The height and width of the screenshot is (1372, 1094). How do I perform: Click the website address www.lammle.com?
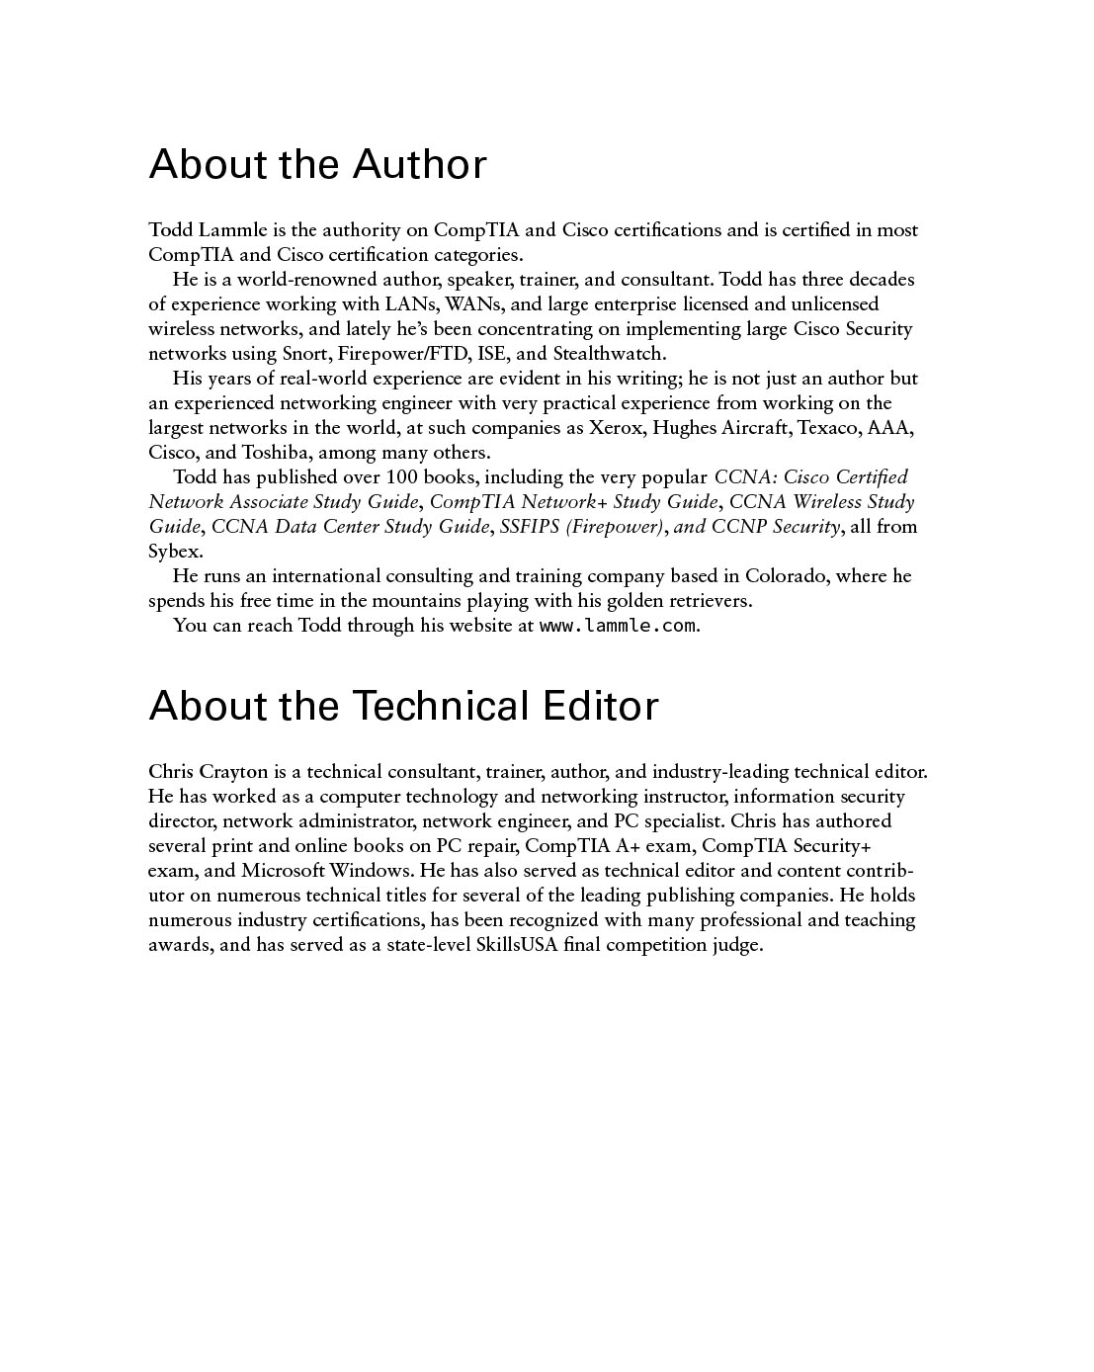(618, 626)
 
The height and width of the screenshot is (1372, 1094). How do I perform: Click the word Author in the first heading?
(419, 164)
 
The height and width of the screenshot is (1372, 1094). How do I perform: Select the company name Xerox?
(616, 428)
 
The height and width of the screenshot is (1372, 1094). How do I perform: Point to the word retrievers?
(706, 601)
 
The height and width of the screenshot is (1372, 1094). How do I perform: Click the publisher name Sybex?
(174, 552)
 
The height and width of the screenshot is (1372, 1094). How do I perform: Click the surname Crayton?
(232, 772)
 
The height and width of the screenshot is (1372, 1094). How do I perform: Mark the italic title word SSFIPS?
(530, 527)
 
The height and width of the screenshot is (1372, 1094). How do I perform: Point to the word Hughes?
(684, 428)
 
